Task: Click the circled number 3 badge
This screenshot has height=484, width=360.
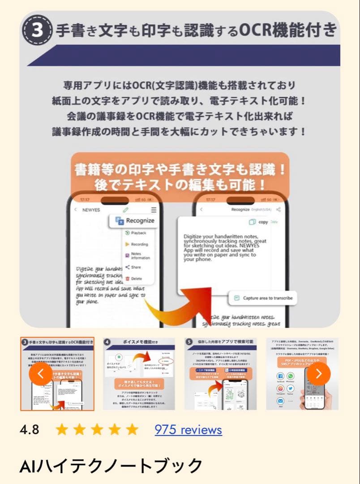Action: pos(38,30)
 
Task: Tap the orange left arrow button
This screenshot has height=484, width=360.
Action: pos(41,374)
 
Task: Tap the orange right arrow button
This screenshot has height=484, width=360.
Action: pos(319,374)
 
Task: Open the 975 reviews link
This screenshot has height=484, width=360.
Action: pos(188,430)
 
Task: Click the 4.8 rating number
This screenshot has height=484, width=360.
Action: pos(30,430)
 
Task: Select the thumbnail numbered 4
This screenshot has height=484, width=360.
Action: pos(139,374)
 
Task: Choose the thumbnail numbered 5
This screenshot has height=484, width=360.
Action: pos(220,374)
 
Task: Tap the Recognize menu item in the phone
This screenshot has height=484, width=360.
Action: pos(134,220)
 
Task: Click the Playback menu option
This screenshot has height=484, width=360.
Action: pos(138,233)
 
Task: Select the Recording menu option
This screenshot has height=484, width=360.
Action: pos(139,244)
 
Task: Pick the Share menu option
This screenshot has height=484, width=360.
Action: pos(136,267)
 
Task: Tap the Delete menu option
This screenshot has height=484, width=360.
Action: pos(136,278)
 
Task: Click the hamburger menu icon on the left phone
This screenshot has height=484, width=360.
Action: pos(154,209)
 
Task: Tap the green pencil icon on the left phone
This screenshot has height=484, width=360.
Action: pos(126,209)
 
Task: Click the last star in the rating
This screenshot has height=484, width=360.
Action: pos(132,430)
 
